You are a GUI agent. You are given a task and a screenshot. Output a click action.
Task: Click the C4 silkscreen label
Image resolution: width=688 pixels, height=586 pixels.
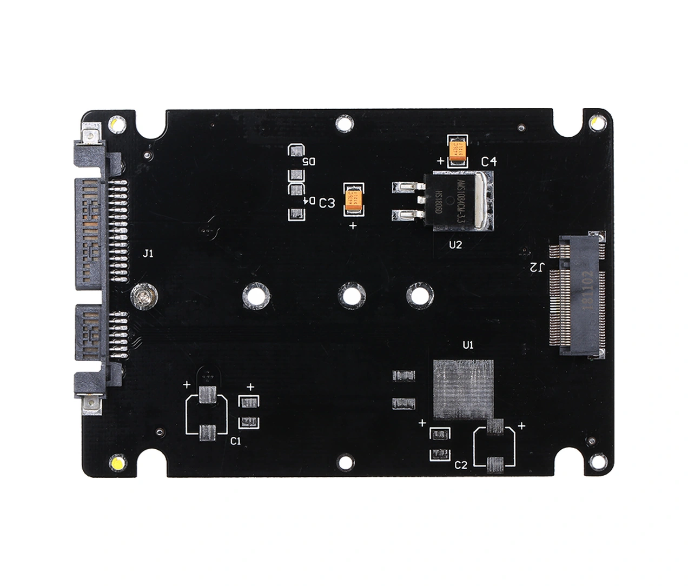pos(488,161)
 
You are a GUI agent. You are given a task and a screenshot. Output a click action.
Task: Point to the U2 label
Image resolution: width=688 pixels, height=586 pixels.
pos(455,245)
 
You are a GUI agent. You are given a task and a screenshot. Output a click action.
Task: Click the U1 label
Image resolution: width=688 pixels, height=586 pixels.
pos(468,345)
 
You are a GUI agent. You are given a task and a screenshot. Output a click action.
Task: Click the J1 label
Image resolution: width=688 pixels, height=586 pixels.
pos(148,253)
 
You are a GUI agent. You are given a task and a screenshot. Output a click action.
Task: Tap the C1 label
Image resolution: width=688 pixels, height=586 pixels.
pos(235,441)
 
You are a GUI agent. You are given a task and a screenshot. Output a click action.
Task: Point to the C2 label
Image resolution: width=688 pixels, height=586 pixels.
pos(461,464)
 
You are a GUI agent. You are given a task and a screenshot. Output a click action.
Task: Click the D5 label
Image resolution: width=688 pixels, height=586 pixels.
pos(308,162)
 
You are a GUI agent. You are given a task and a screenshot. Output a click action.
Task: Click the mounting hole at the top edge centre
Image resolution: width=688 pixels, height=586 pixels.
pos(342,124)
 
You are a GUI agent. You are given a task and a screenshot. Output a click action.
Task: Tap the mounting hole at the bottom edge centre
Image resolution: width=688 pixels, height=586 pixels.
pos(342,461)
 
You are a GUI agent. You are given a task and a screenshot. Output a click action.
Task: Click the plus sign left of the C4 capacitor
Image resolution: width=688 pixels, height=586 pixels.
pos(440,161)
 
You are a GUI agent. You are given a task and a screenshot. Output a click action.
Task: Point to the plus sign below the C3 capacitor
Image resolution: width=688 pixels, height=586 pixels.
pos(353,225)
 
